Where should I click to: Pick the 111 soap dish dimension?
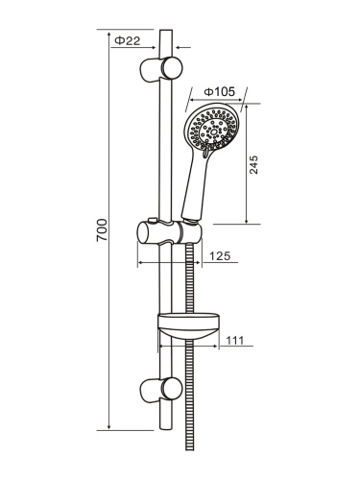tap(235, 340)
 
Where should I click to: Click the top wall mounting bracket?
tap(161, 69)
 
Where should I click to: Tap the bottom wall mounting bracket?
tap(161, 389)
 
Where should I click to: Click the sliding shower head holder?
tap(170, 232)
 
